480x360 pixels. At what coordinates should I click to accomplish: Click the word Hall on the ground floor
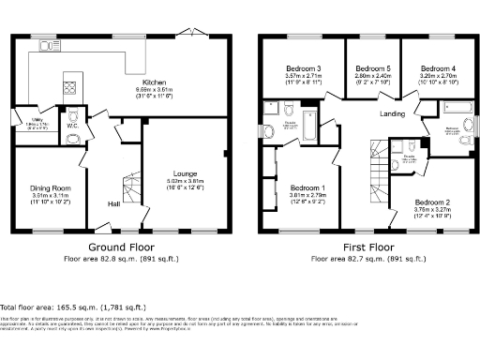(x=112, y=203)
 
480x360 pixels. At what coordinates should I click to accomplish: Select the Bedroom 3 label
(x=305, y=69)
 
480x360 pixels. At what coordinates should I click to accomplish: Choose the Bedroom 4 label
(x=437, y=69)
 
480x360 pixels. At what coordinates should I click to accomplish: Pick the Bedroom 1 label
(x=307, y=187)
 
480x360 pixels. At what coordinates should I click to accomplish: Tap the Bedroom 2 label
(x=433, y=202)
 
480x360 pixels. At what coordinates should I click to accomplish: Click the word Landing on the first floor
(x=393, y=114)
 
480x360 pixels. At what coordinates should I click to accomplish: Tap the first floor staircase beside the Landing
(x=380, y=173)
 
